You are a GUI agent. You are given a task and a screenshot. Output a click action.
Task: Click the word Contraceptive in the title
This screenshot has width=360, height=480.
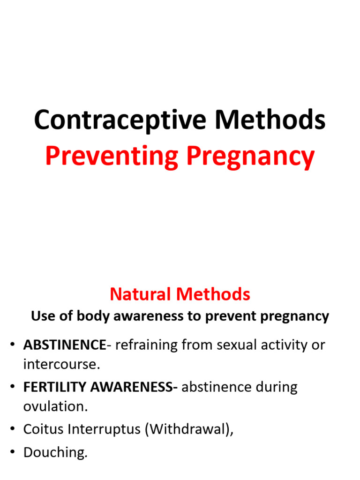point(120,120)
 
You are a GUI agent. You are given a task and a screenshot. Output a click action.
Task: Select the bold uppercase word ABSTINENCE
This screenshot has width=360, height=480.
point(65,345)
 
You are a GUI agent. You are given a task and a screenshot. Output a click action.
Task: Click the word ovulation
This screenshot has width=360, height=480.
point(55,406)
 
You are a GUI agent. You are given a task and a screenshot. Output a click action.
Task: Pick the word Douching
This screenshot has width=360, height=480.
point(55,453)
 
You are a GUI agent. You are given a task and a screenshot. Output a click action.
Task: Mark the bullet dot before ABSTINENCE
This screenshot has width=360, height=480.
point(12,345)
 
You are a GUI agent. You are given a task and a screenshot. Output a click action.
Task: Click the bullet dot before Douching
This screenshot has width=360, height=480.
point(12,453)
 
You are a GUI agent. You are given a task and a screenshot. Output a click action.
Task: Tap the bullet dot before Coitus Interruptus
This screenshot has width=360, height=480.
point(12,430)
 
